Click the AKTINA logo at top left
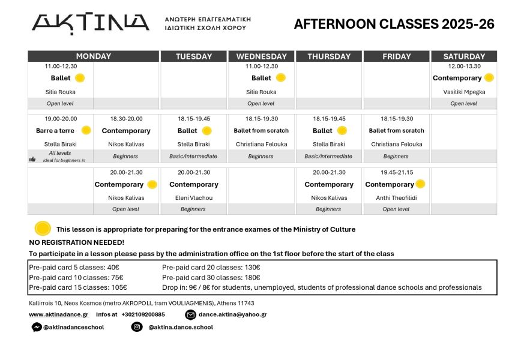pos(90,23)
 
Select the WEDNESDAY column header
pos(261,56)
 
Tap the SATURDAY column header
pos(463,56)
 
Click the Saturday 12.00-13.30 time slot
pos(463,66)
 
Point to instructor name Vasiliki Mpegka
pos(463,92)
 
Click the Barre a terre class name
pos(55,130)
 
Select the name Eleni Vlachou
pos(193,197)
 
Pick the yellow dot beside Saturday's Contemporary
pos(489,77)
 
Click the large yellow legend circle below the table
pos(43,229)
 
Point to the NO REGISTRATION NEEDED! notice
pos(77,242)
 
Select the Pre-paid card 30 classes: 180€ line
pos(211,277)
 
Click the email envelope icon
pos(190,314)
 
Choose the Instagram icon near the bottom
pos(137,327)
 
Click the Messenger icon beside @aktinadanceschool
pos(36,327)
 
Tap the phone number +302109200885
pos(143,314)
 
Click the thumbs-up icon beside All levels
pos(32,159)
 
